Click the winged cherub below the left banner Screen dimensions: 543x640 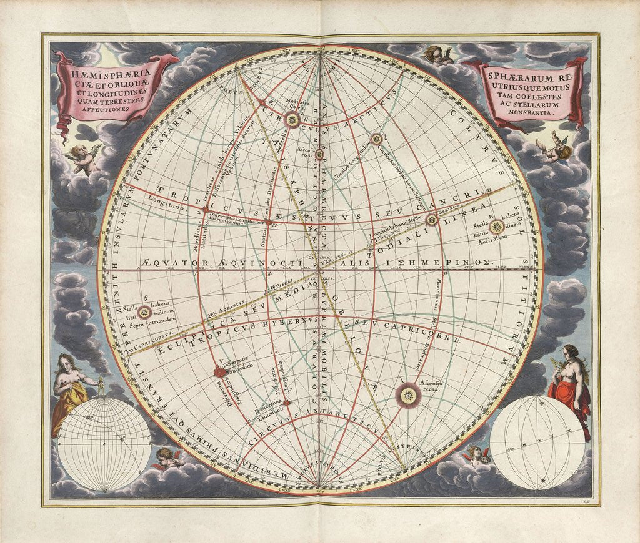pyautogui.click(x=84, y=158)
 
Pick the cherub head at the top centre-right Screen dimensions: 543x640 pyautogui.click(x=440, y=56)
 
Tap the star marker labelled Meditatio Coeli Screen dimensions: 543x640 pyautogui.click(x=292, y=119)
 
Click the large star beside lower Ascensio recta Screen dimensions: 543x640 pyautogui.click(x=408, y=394)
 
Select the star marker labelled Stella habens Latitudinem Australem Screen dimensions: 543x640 pyautogui.click(x=496, y=227)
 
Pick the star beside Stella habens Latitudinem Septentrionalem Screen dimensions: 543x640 pyautogui.click(x=144, y=312)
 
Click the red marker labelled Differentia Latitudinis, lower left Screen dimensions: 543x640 pyautogui.click(x=219, y=372)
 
